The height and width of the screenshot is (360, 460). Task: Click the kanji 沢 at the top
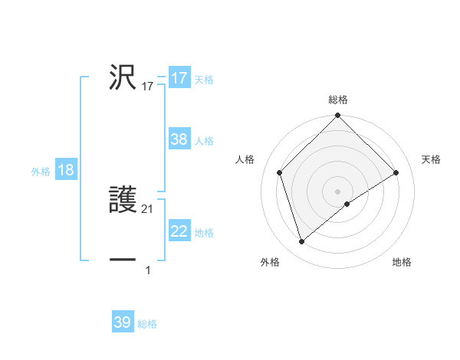(123, 77)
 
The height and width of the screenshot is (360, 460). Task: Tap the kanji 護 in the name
(123, 201)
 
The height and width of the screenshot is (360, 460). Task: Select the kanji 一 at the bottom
(123, 261)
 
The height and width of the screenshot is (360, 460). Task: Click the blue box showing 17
(179, 78)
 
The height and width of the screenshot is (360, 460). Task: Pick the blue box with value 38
(179, 139)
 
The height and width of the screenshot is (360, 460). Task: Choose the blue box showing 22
(179, 231)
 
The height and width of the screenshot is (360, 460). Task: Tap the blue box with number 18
(66, 170)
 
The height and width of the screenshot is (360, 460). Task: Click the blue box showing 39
(122, 322)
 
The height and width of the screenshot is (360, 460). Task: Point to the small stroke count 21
(148, 209)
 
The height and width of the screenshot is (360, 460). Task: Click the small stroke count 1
(148, 270)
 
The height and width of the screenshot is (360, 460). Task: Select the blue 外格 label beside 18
(41, 172)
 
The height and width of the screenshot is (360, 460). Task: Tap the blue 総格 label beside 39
(147, 324)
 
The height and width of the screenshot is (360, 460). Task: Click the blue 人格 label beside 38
(204, 141)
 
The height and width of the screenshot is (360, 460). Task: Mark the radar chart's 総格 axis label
(337, 100)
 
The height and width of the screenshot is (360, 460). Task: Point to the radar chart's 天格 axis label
(431, 159)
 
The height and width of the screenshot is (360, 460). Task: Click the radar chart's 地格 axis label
(402, 262)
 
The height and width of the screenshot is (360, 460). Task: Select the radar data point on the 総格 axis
(337, 116)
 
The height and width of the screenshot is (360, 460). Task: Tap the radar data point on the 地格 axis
(347, 204)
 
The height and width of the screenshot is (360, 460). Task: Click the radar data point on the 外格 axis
(301, 242)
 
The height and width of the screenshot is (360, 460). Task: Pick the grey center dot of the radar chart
(337, 191)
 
